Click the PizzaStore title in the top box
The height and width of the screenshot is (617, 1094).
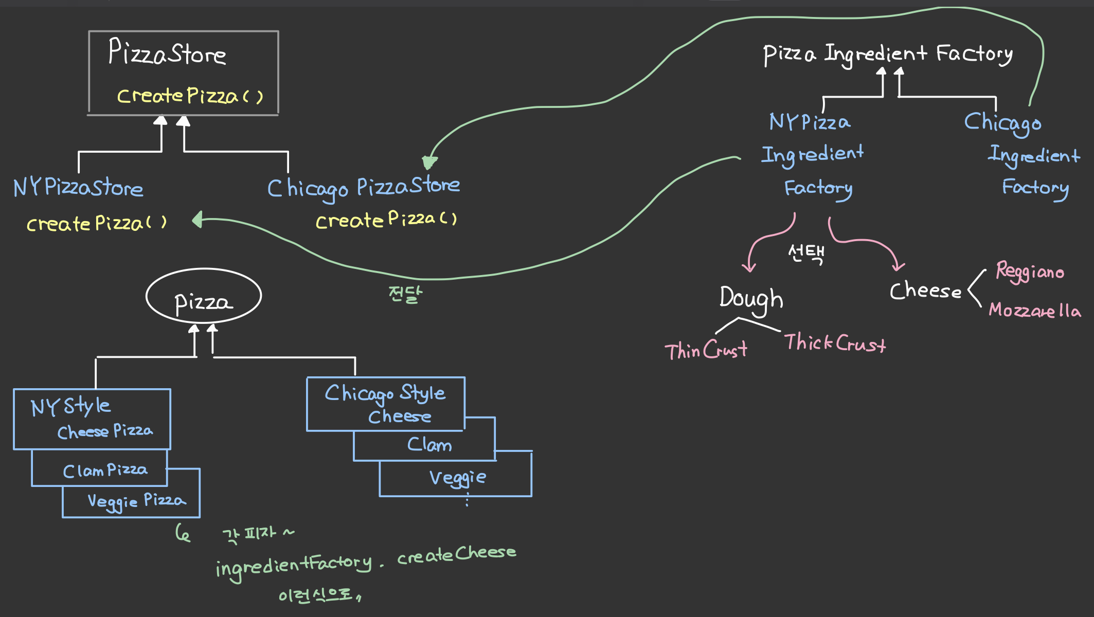coord(167,53)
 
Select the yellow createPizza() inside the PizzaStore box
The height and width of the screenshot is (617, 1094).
coord(190,96)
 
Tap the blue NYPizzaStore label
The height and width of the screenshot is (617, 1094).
coord(78,188)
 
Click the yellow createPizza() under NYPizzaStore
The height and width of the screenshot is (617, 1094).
coord(97,224)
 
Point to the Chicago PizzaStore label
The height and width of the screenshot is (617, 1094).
coord(363,188)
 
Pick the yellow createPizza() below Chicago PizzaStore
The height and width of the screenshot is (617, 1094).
coord(386,220)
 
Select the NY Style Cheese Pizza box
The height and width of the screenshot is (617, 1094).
coord(92,419)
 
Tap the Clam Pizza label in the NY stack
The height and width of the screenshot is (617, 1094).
coord(105,470)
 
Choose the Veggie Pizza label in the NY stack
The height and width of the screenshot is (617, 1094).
coord(136,501)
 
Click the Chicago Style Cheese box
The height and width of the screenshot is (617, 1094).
coord(386,404)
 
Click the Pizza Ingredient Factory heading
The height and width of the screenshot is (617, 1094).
coord(888,54)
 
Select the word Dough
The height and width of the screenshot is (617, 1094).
coord(751,298)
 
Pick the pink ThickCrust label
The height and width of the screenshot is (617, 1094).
coord(835,343)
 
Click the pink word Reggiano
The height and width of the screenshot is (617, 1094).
coord(1030,271)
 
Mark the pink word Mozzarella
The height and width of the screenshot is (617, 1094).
coord(1035,311)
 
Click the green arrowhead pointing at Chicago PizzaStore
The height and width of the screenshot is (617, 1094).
coord(429,162)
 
